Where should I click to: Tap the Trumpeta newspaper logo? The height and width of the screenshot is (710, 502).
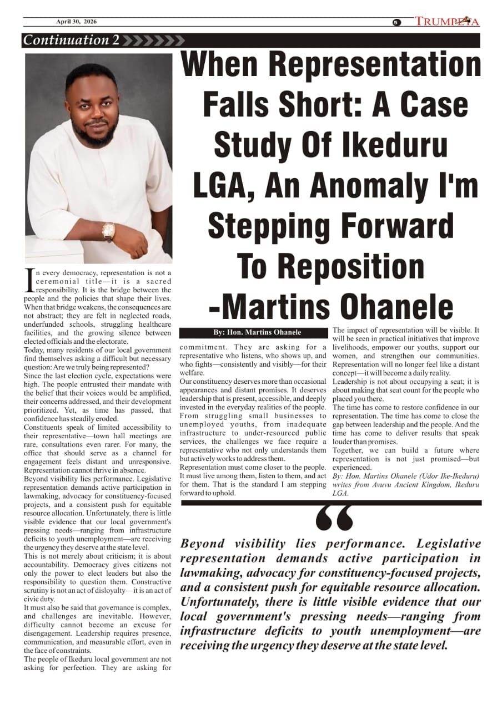[x=447, y=22]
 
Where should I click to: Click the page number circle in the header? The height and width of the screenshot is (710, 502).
[x=396, y=22]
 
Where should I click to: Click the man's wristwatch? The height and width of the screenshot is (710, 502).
[x=108, y=231]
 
